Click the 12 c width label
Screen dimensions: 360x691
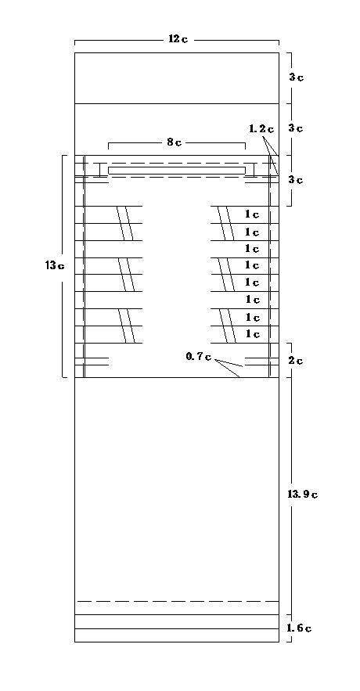[178, 39]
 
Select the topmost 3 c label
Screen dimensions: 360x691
[296, 77]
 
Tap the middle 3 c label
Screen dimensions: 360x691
[296, 128]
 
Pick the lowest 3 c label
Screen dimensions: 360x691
[296, 180]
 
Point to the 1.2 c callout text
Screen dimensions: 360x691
[261, 128]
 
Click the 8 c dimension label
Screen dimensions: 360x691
[174, 142]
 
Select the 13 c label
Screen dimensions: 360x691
[55, 265]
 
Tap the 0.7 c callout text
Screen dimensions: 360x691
[198, 357]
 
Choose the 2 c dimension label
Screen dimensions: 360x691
[296, 361]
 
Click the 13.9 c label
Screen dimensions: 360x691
[303, 494]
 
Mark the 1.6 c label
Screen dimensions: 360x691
[299, 628]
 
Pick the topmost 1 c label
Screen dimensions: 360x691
[252, 214]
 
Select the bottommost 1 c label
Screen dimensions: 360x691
[252, 333]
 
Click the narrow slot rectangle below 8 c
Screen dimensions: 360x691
[177, 170]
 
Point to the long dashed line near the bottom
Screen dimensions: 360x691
[178, 601]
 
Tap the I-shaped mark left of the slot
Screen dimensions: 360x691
[100, 170]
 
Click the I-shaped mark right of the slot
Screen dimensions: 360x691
[254, 170]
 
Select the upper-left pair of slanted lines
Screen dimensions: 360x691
[124, 223]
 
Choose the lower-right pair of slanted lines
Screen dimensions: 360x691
[228, 326]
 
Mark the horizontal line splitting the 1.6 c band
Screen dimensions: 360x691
[177, 628]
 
